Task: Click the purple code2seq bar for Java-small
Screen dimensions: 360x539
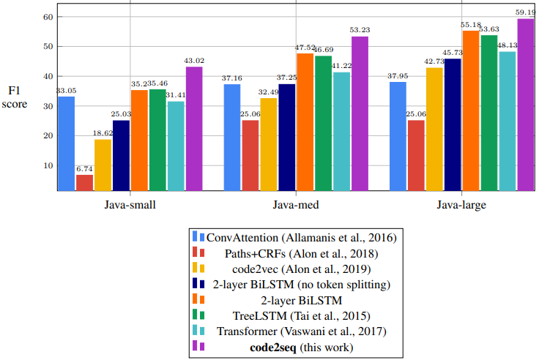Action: (x=194, y=129)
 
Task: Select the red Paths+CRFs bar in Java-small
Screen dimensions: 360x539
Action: (x=85, y=183)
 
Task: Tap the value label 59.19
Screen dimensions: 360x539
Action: (x=525, y=12)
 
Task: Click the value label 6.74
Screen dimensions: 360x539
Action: (x=85, y=169)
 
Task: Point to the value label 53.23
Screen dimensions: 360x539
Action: (x=361, y=30)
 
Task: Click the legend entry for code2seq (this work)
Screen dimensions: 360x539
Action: (x=291, y=346)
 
